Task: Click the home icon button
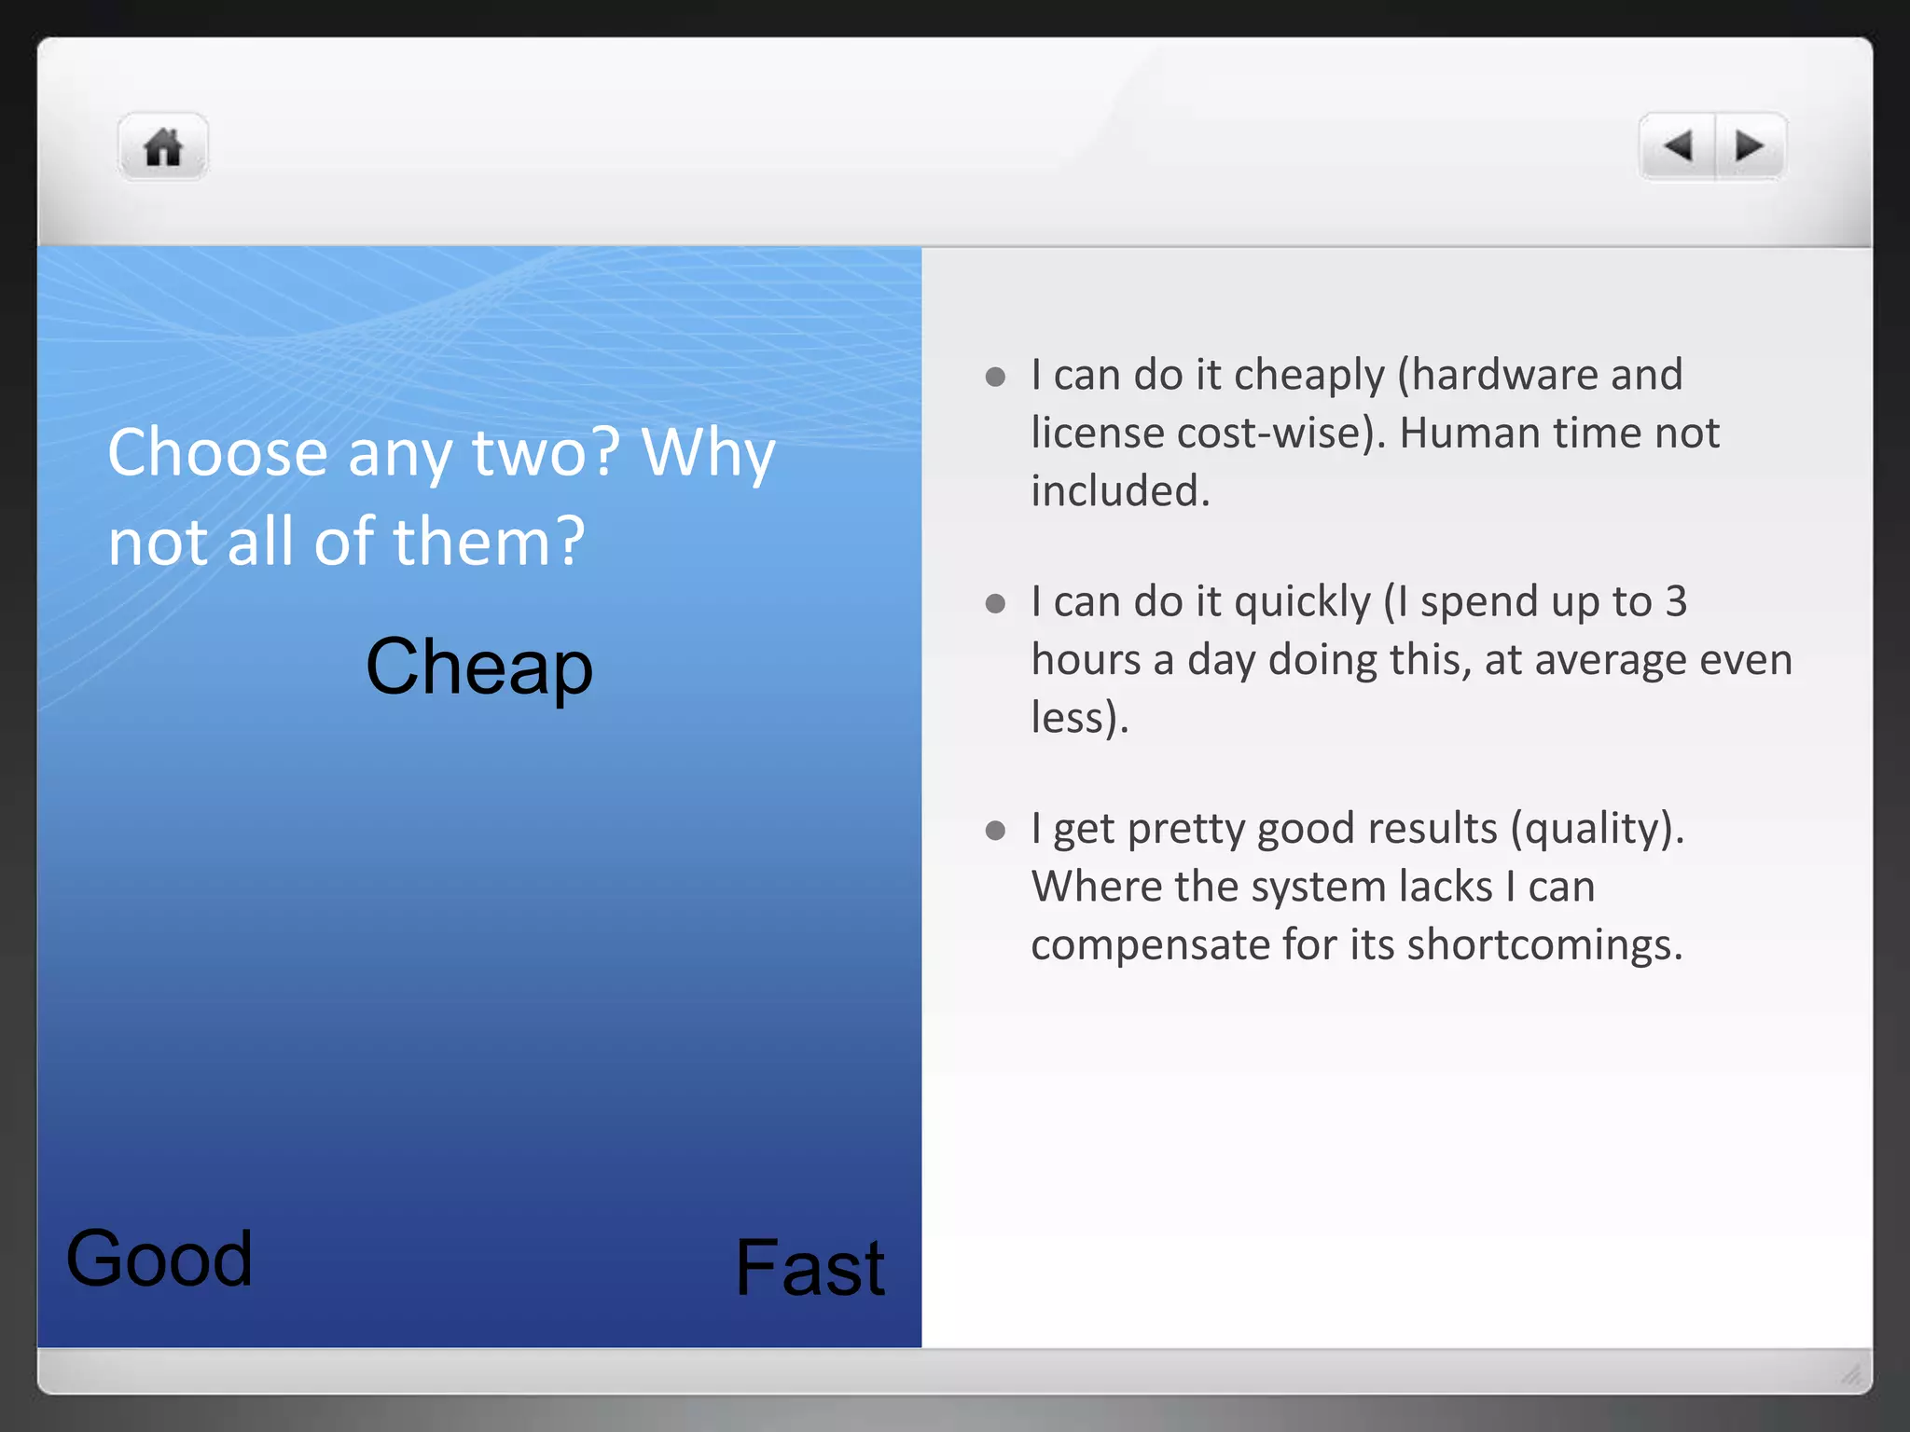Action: coord(162,147)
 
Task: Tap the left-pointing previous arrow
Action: coord(1678,146)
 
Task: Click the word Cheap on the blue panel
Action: coord(478,667)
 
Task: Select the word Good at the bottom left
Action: coord(159,1259)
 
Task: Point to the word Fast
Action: coord(810,1268)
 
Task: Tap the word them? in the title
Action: coord(490,542)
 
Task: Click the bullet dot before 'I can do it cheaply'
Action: coord(995,377)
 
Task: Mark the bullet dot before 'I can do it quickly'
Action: coord(995,604)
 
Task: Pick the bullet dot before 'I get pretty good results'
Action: coord(995,830)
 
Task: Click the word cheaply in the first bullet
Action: coord(1309,376)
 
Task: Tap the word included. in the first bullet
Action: coord(1120,491)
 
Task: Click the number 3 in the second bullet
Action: coord(1676,601)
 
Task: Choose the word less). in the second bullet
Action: coord(1079,718)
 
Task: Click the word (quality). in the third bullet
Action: coord(1597,829)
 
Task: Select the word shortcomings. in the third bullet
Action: coord(1544,944)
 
